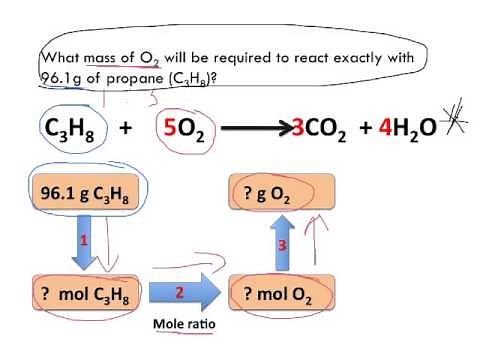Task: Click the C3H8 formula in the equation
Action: [71, 130]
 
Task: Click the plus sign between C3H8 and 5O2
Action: [126, 130]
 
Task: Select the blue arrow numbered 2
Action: [179, 293]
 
